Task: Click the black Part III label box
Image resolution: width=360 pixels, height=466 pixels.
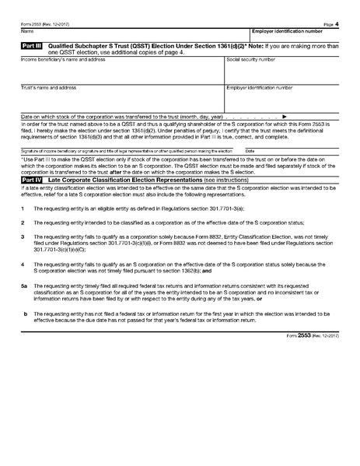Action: click(x=31, y=47)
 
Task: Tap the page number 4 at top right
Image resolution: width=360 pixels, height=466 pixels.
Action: click(x=337, y=24)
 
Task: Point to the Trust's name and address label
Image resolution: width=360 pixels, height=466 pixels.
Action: click(x=48, y=88)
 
